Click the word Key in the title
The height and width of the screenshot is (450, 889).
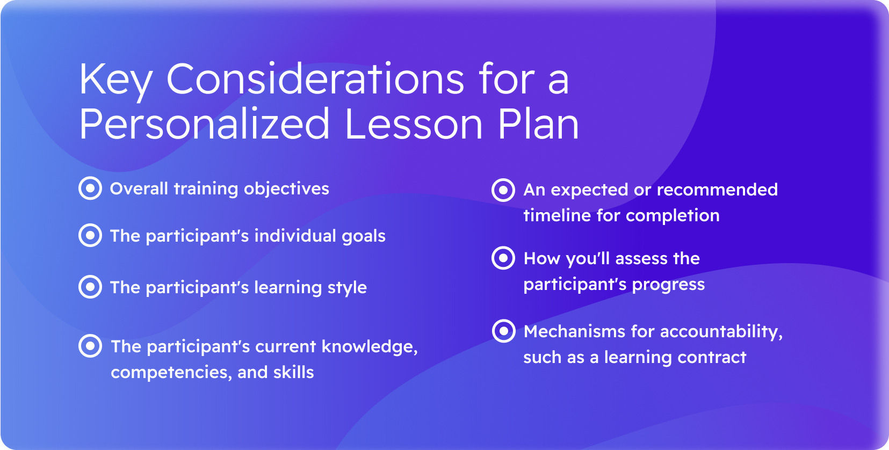coord(115,82)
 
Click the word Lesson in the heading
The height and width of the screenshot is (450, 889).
coord(414,124)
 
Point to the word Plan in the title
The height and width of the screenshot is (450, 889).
coord(538,124)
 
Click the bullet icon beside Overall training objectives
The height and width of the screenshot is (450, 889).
coord(90,188)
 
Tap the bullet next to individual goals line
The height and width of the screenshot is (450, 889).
coord(90,235)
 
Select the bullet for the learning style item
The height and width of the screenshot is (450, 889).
coord(90,287)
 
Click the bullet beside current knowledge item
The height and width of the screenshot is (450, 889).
coord(90,346)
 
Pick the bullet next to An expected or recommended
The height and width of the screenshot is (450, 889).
coord(503,190)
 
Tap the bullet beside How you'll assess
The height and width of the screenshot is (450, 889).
coord(503,258)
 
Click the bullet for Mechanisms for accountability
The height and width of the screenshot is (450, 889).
coord(504,331)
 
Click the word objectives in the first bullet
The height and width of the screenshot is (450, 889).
coord(286,189)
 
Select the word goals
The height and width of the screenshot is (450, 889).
coord(364,237)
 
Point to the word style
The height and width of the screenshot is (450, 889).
coord(347,288)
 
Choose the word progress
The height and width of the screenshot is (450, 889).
coord(668,285)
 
